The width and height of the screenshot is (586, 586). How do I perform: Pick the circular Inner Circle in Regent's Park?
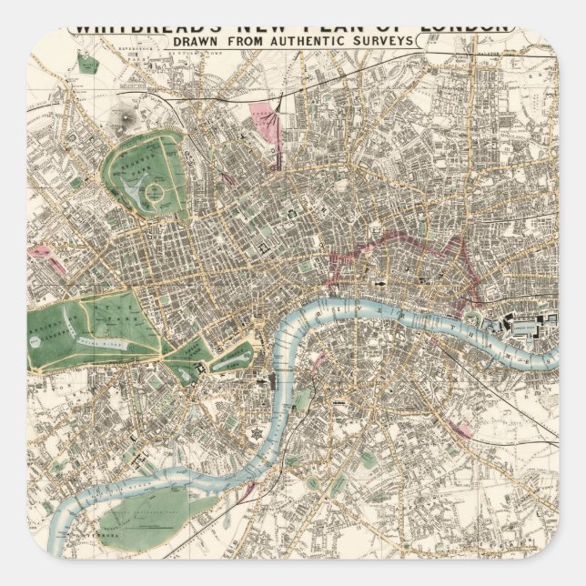coord(156,193)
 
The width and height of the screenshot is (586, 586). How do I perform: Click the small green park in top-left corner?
coord(86,64)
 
